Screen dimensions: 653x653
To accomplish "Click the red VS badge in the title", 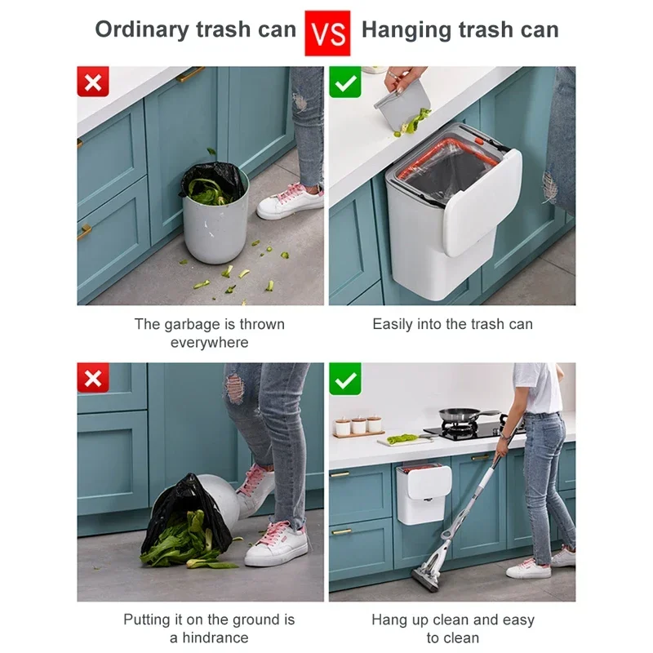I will tap(327, 33).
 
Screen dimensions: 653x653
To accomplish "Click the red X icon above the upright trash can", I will tap(93, 82).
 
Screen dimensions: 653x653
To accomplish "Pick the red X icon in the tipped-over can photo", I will tap(93, 379).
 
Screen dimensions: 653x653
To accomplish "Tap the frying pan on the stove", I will tap(459, 415).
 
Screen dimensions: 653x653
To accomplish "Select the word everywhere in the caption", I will tap(209, 343).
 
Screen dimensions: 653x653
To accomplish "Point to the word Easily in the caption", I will tap(393, 324).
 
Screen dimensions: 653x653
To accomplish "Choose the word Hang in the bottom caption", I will tap(389, 620).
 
